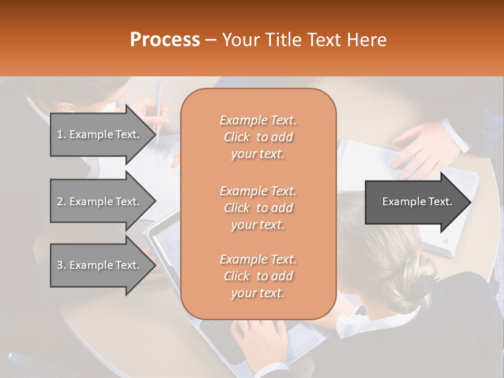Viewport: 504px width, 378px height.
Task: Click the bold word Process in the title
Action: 165,39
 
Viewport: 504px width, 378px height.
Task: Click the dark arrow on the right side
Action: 415,202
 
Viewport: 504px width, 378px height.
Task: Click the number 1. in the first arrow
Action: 61,134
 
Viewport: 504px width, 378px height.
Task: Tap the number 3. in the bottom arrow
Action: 61,265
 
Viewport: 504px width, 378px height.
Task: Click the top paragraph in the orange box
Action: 258,137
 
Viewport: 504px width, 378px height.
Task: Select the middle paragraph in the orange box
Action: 258,207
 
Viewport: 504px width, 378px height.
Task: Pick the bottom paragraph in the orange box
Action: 258,276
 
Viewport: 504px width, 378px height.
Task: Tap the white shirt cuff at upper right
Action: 456,134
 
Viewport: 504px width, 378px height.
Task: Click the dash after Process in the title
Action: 211,40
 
